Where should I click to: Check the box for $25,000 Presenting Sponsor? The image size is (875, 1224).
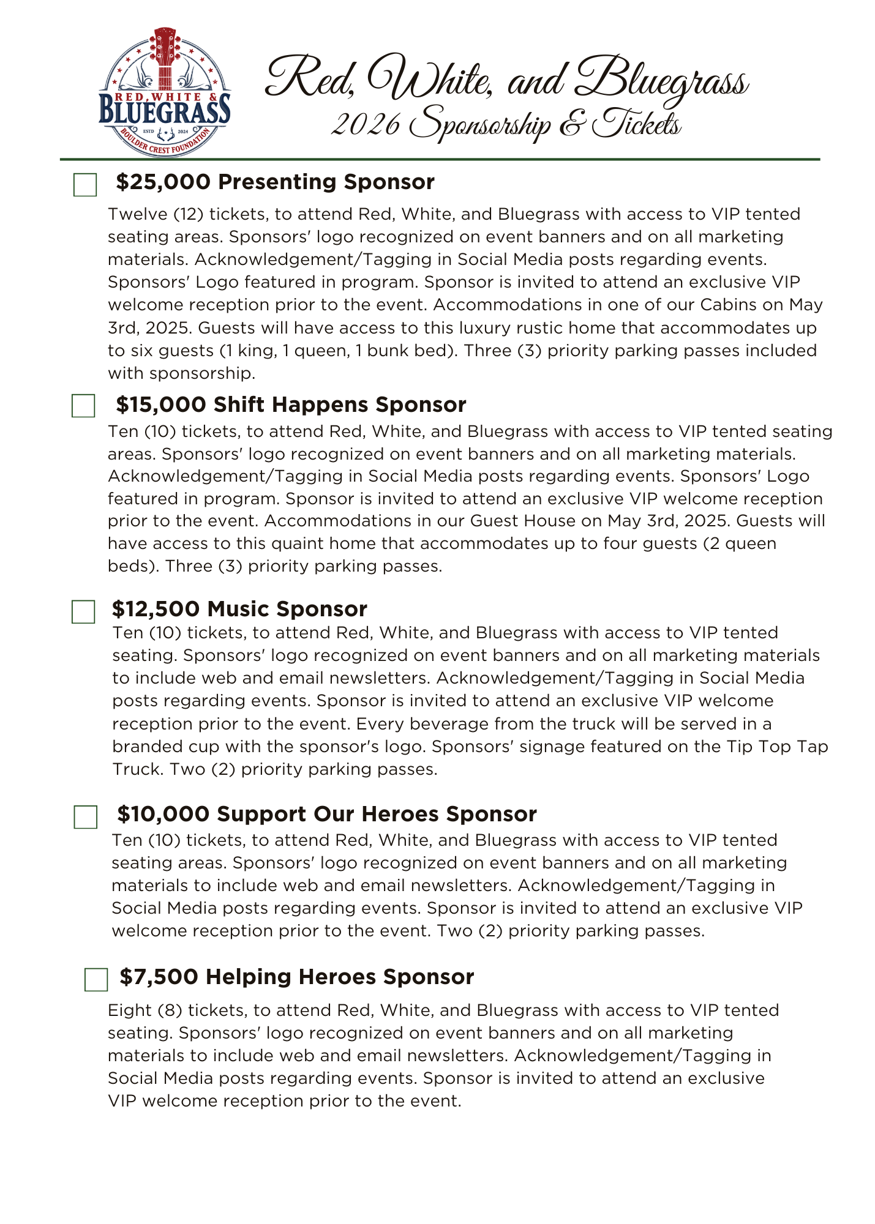pyautogui.click(x=85, y=184)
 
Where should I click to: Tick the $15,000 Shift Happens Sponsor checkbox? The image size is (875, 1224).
pyautogui.click(x=83, y=406)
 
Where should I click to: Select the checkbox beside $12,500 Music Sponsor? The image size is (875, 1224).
pyautogui.click(x=83, y=611)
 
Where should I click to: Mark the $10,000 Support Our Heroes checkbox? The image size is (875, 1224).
pyautogui.click(x=86, y=817)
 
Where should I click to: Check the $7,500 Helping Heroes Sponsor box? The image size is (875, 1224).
pyautogui.click(x=96, y=979)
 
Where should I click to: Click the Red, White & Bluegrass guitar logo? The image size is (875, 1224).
pyautogui.click(x=165, y=92)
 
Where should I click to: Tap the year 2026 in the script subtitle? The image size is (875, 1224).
pyautogui.click(x=366, y=124)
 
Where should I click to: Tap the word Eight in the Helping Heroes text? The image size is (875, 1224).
pyautogui.click(x=130, y=1010)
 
